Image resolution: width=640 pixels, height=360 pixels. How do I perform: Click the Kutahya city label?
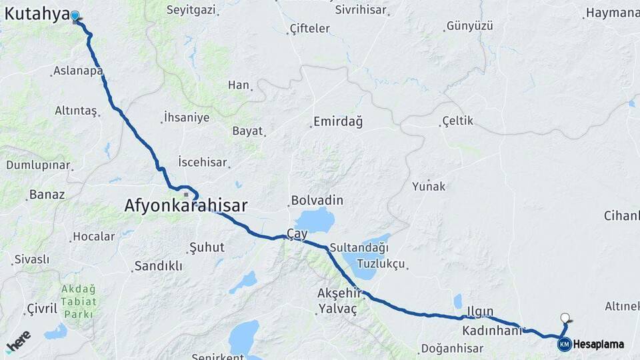[37, 13]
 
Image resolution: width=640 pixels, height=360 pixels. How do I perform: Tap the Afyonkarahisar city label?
[185, 206]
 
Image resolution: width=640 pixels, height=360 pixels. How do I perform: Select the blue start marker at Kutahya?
[75, 15]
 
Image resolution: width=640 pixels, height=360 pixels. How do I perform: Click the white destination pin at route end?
[565, 319]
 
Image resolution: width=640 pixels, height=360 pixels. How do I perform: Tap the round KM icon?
[564, 345]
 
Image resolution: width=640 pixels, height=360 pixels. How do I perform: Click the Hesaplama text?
[598, 345]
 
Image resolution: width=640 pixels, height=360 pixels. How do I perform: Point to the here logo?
[19, 341]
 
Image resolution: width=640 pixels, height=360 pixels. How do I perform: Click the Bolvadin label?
[317, 201]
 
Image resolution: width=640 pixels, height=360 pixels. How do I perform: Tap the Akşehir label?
[339, 293]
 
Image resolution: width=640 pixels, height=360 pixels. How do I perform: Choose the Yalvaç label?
[338, 309]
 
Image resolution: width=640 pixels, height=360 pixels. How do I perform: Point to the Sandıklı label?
[158, 266]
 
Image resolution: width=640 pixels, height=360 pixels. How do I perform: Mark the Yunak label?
[429, 186]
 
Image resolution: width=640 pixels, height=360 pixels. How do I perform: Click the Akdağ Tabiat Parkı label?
[79, 301]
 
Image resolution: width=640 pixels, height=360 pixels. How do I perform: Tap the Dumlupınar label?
[38, 165]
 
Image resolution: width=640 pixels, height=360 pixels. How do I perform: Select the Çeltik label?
[457, 121]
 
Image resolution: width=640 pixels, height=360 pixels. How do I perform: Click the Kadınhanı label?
[491, 331]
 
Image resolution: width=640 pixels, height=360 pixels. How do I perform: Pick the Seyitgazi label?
[191, 10]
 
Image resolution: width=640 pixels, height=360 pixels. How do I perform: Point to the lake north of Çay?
[315, 219]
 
